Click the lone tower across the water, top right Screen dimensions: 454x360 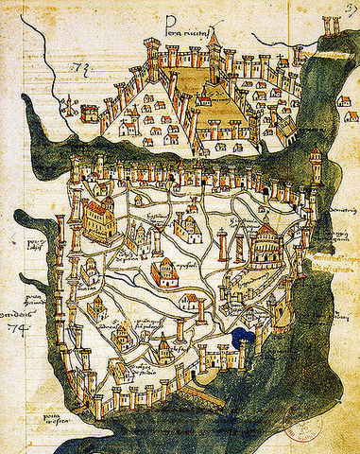(x=331, y=28)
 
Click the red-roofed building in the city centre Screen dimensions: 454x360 (x=164, y=274)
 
